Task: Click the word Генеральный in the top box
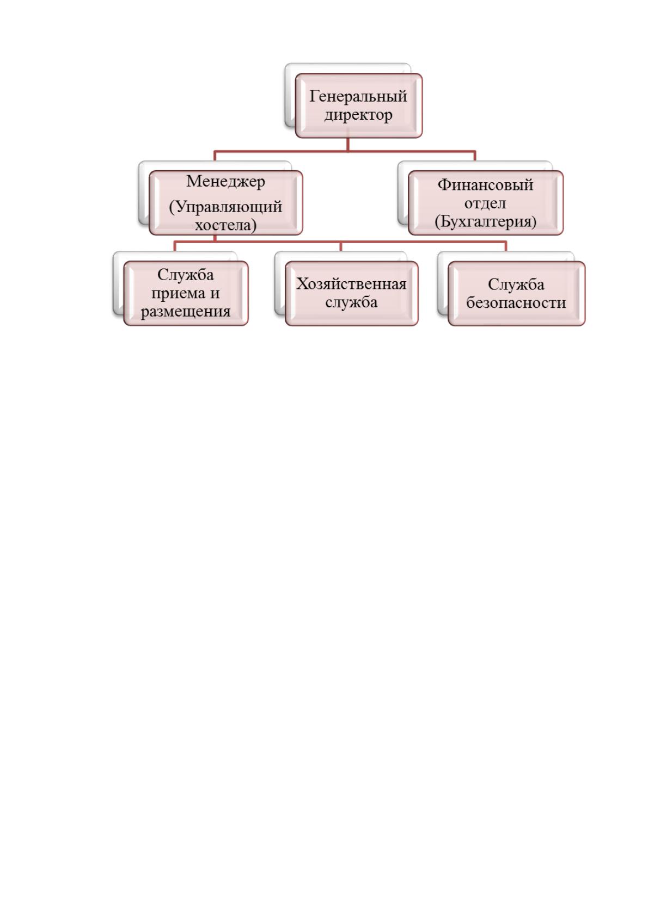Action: coord(358,96)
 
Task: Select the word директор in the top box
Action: coord(358,115)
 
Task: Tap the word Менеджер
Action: coord(225,181)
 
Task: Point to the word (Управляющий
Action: coord(225,207)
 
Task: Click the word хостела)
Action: coord(225,225)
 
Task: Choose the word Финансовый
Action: coord(486,185)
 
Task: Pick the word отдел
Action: coord(486,203)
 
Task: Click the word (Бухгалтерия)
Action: coord(486,221)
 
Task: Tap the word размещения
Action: coord(186,312)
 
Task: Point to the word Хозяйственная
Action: coord(351,284)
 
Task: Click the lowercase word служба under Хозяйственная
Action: coord(351,302)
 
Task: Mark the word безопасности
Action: coord(516,303)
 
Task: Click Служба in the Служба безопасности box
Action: coord(516,284)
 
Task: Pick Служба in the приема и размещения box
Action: coord(186,275)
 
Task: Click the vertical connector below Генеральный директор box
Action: coord(348,144)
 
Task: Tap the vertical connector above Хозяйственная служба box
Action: coord(341,246)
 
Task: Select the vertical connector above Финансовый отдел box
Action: coord(475,156)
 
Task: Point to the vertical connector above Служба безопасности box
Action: coord(506,246)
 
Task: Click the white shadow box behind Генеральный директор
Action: coord(290,94)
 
